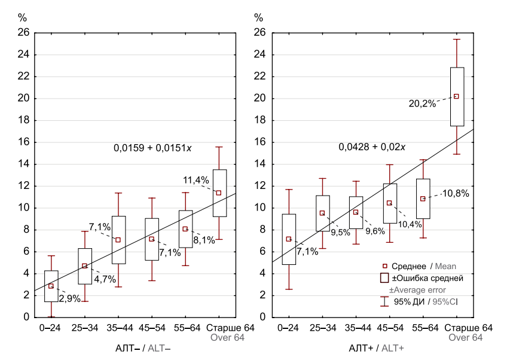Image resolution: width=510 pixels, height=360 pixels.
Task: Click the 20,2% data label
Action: point(422,103)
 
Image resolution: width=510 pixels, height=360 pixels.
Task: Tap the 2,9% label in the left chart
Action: point(69,298)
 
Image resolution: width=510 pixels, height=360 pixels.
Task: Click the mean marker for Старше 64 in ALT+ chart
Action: point(456,96)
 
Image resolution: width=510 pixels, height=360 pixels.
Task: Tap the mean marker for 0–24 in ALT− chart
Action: point(51,286)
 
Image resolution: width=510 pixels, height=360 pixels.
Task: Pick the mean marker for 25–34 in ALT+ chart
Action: point(322,213)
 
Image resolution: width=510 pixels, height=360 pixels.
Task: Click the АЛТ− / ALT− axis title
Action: point(142,347)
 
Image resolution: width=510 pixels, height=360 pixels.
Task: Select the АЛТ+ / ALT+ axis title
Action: point(376,347)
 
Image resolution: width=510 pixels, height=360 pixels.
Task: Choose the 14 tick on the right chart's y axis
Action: point(259,164)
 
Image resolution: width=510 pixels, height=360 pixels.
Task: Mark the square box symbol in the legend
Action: point(386,278)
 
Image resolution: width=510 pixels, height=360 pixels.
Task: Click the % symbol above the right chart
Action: point(258,17)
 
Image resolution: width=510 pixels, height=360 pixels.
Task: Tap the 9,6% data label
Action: point(375,231)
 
